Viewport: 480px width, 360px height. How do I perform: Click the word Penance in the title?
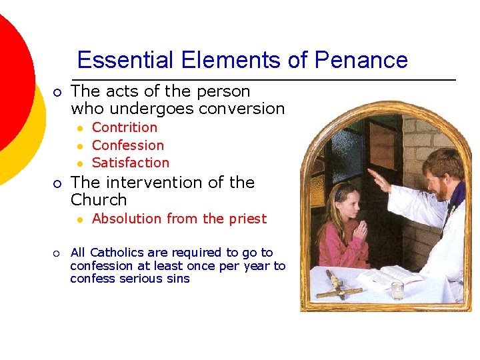click(x=361, y=61)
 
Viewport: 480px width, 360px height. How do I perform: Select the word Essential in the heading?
click(x=119, y=61)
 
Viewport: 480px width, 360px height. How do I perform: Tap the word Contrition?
click(x=125, y=127)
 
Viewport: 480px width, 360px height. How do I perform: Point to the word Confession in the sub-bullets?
click(x=128, y=145)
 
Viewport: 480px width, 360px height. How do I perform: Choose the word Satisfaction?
click(x=131, y=163)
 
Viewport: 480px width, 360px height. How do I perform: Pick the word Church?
click(x=99, y=200)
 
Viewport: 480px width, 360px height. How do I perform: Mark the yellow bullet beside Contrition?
click(x=79, y=128)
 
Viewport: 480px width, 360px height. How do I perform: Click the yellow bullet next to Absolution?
click(x=79, y=219)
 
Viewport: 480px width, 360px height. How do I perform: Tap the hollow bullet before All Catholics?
click(x=57, y=253)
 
